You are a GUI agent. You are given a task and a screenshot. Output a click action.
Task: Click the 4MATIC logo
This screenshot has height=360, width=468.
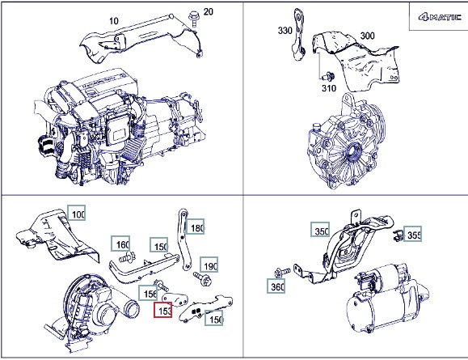coord(440,17)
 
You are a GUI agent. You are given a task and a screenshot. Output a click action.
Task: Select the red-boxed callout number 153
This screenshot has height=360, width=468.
coord(163,310)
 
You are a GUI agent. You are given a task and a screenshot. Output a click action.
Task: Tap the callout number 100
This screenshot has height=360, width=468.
coord(77,213)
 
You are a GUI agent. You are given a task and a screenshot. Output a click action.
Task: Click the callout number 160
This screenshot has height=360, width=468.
coord(120,244)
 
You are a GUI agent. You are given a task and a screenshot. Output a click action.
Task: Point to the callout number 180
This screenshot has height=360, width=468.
coord(195,227)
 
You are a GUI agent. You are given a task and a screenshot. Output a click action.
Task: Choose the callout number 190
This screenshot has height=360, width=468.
coord(209,265)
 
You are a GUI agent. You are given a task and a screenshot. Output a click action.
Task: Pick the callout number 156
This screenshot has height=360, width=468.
coord(148,293)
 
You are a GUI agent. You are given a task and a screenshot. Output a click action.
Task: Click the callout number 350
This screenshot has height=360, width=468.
coord(320,230)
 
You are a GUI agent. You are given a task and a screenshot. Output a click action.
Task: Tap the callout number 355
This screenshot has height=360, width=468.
coord(413,234)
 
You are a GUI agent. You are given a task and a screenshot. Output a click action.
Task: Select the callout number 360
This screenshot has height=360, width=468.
coord(276,286)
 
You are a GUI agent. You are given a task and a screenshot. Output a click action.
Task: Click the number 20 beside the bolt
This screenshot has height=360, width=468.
coord(209,12)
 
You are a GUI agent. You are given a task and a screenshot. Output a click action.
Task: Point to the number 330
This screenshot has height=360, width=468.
coord(285,31)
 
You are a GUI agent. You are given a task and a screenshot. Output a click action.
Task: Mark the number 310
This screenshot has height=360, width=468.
coord(329,88)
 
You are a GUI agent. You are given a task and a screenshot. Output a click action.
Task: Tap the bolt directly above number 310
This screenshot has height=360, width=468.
coord(328,76)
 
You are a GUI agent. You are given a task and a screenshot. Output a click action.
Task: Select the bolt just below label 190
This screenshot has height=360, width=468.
coord(203,278)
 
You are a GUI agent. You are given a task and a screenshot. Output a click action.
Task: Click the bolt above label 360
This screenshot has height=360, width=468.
coord(281,272)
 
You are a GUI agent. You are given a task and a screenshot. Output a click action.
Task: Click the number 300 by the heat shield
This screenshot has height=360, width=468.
coord(367,36)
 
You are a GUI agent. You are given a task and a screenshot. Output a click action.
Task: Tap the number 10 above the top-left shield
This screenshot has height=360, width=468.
coord(114,21)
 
